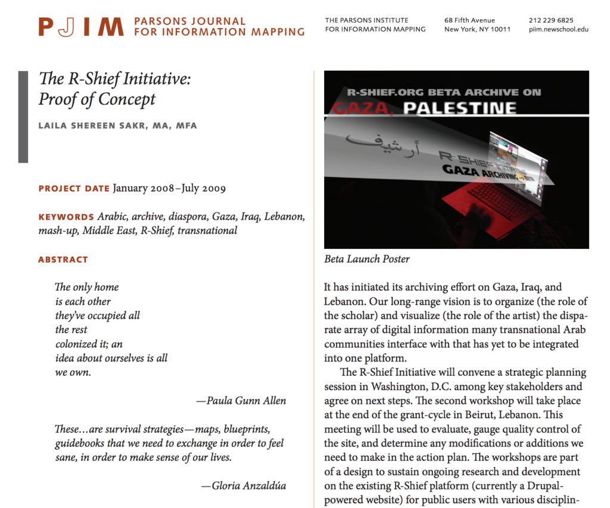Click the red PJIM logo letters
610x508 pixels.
tap(81, 27)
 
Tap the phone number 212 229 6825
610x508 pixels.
tap(551, 20)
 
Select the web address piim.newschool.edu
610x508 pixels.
tap(558, 30)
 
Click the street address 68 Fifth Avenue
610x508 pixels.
tap(469, 20)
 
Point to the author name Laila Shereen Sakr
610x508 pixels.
tap(117, 126)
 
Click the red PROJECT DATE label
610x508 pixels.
tap(74, 189)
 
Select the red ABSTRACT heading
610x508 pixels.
tap(63, 260)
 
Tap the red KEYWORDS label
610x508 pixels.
tap(66, 217)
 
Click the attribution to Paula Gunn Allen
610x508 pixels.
tap(241, 401)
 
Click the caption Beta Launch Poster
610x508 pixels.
tap(367, 259)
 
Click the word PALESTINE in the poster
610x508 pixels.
tap(459, 108)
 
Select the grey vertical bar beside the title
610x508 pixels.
tap(23, 117)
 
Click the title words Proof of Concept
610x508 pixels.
tap(97, 99)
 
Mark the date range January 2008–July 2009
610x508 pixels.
tap(169, 189)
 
